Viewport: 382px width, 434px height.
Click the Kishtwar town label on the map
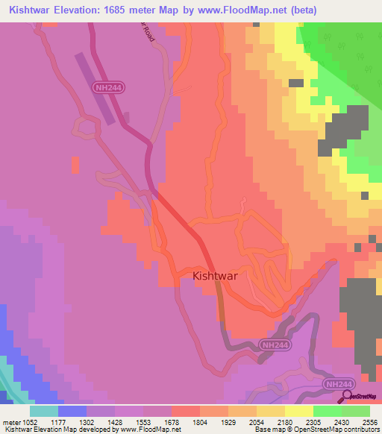point(216,276)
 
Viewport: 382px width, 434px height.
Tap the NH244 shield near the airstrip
point(109,87)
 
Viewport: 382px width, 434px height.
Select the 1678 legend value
point(171,421)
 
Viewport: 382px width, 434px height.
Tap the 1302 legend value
point(87,421)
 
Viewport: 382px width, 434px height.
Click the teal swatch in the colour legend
point(44,411)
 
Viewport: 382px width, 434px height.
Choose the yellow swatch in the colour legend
point(298,411)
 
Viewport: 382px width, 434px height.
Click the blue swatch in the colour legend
point(72,411)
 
